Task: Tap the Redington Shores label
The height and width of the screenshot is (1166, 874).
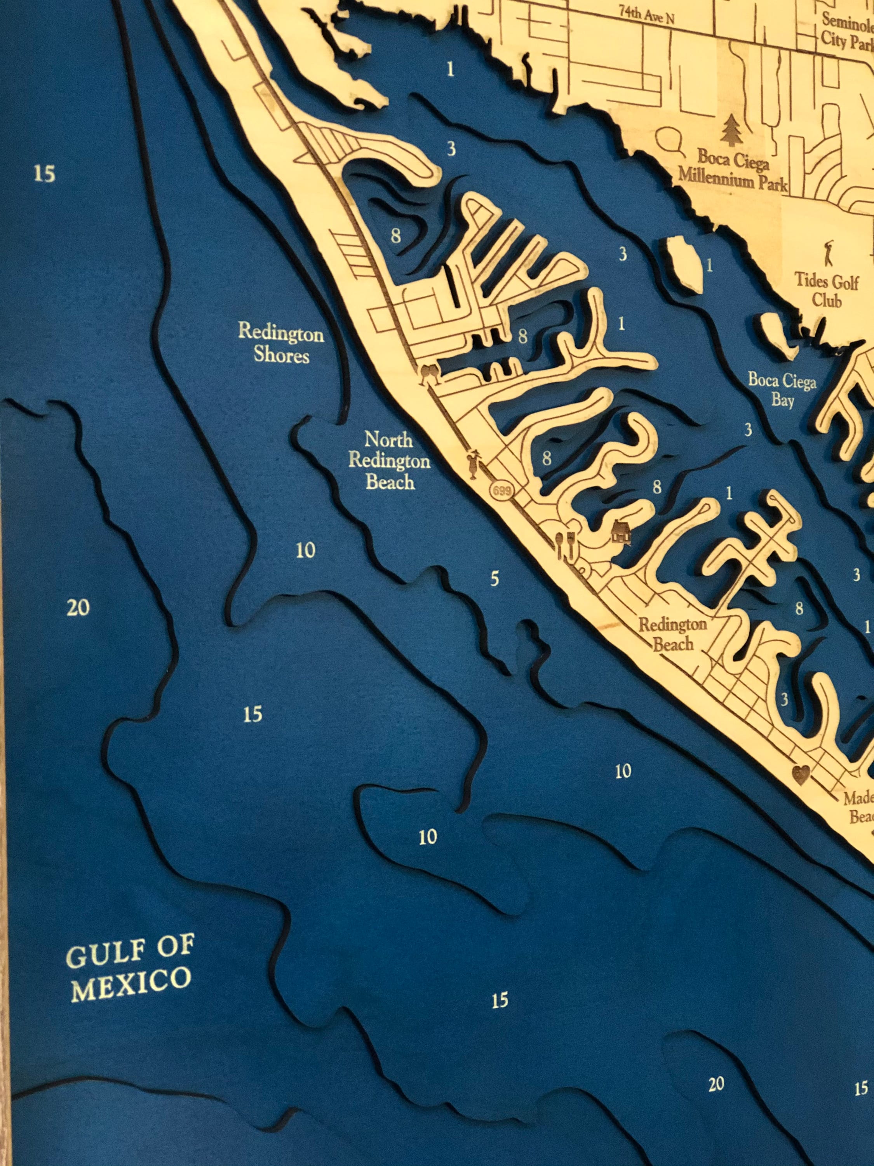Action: pyautogui.click(x=281, y=345)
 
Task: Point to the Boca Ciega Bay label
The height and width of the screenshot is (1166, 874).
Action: pyautogui.click(x=782, y=390)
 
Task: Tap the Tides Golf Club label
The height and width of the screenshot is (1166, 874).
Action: pyautogui.click(x=826, y=290)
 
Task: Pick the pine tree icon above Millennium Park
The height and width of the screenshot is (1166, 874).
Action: pyautogui.click(x=730, y=130)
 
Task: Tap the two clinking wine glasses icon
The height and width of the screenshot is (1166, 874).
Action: pyautogui.click(x=429, y=374)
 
